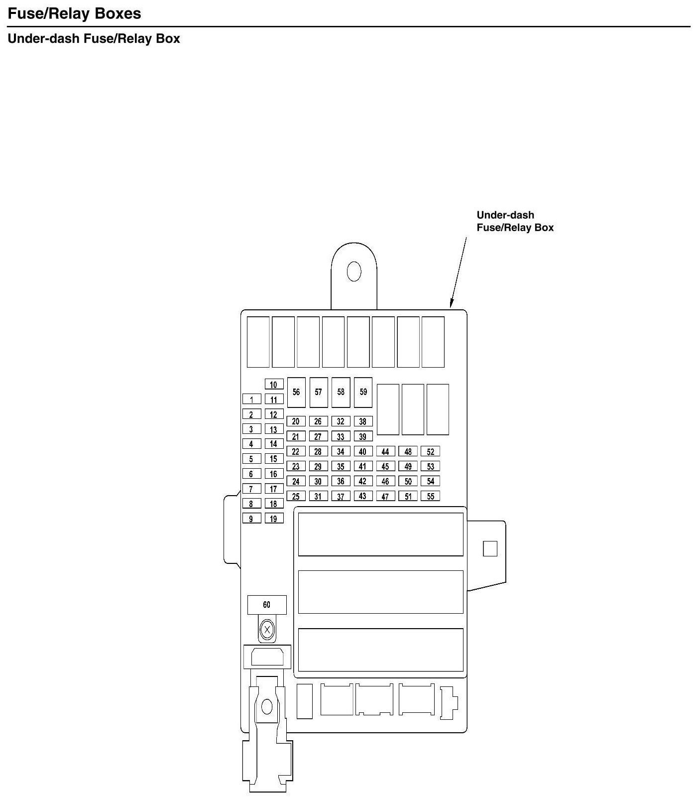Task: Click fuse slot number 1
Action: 252,400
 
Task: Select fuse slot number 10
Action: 274,385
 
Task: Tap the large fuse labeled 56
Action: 296,392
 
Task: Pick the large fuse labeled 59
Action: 363,392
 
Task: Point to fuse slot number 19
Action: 274,519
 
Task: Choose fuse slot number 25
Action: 296,496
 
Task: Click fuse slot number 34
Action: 341,452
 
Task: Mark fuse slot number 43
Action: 363,496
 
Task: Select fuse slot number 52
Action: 430,452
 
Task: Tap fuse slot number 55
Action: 430,496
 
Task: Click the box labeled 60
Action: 267,605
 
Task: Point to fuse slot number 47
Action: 385,496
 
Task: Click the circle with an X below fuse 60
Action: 267,630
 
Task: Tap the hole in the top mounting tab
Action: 354,271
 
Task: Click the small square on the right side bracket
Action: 490,549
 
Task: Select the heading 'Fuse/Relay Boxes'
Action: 75,13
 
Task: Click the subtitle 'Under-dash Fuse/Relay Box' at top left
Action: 94,39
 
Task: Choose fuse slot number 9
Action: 252,519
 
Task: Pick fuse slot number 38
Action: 363,421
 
